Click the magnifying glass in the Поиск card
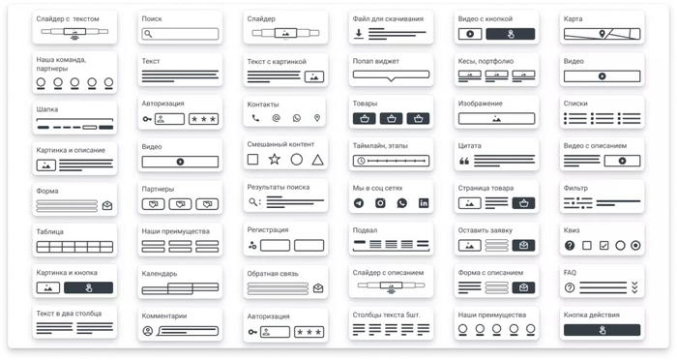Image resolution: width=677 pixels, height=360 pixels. point(148,34)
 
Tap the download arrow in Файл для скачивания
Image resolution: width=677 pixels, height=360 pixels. point(359,34)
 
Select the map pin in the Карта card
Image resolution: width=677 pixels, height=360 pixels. point(603,34)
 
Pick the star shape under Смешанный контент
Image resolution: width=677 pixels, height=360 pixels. point(275,160)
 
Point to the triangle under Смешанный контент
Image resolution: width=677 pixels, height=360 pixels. point(318,161)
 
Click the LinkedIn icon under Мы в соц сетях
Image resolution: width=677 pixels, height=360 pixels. point(424,203)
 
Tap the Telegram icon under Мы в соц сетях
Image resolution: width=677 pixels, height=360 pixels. point(359,203)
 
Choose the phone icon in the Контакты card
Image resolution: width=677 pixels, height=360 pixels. point(255,118)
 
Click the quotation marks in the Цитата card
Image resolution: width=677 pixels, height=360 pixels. point(464,162)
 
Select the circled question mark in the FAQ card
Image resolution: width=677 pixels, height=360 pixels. point(570,287)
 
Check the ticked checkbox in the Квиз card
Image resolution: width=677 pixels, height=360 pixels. point(604,246)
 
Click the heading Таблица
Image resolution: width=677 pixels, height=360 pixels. point(49,231)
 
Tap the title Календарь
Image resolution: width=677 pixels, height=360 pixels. point(160,274)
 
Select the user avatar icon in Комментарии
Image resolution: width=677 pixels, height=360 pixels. point(148,332)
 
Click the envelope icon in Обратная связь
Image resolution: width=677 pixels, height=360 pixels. point(318,287)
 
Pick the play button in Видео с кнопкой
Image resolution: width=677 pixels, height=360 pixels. point(470,34)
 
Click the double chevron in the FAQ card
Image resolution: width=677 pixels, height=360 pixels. point(634,287)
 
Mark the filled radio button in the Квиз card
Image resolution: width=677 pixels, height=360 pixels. point(635,246)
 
